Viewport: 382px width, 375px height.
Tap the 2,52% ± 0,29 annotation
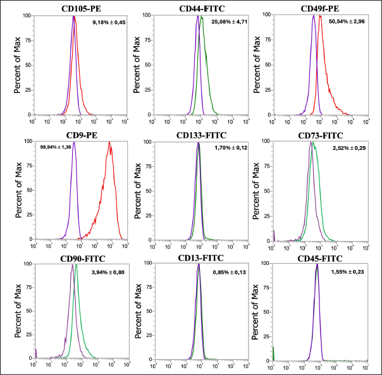[348, 147]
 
